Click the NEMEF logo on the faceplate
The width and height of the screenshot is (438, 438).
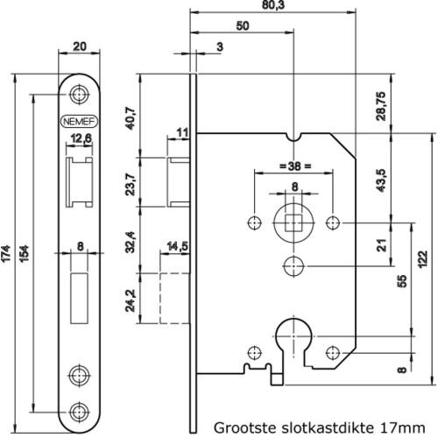click(79, 122)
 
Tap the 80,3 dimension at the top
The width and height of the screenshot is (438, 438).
click(273, 5)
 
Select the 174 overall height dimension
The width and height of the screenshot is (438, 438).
click(6, 253)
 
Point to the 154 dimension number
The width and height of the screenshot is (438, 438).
click(25, 253)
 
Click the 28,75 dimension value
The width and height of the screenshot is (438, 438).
click(380, 106)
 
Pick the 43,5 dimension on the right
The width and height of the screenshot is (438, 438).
click(381, 180)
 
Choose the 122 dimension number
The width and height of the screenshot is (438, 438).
click(422, 258)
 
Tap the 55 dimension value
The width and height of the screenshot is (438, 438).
click(402, 281)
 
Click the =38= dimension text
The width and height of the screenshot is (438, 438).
click(295, 166)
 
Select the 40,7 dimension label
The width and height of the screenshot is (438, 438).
click(131, 118)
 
